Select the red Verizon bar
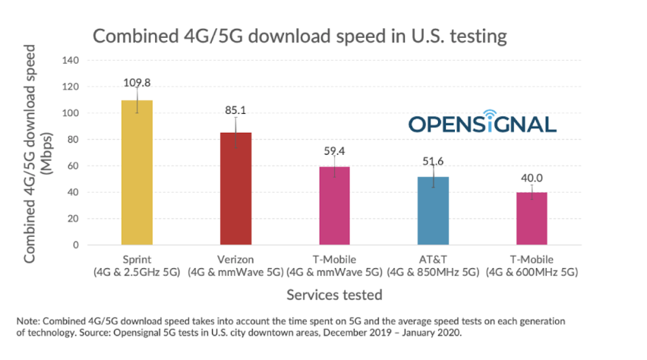[235, 189]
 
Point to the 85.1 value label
[235, 110]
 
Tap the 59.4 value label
[334, 150]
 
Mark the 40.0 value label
[531, 176]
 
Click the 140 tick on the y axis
[70, 61]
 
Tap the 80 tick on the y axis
[72, 140]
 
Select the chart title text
[299, 36]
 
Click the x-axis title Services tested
[333, 293]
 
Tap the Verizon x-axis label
[235, 259]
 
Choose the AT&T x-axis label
[432, 259]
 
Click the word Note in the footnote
[27, 321]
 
